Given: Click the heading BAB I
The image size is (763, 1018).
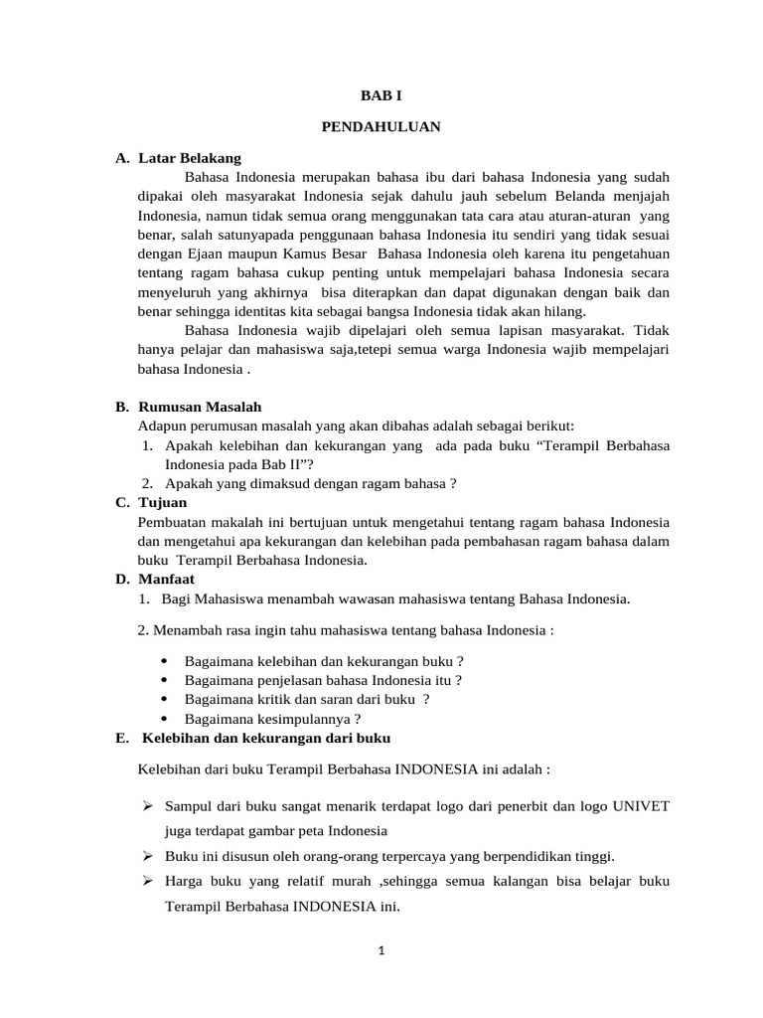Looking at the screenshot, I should click(x=381, y=96).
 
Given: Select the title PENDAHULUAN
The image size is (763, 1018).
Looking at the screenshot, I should click(x=381, y=127).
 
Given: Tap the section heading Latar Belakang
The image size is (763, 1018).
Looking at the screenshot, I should click(x=190, y=158).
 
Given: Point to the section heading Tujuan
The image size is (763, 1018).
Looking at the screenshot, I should click(x=162, y=503).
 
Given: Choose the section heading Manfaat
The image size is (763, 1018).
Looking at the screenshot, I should click(x=166, y=579).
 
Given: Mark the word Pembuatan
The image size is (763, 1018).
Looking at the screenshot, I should click(x=171, y=522).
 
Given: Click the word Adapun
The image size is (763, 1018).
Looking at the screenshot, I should click(x=161, y=425).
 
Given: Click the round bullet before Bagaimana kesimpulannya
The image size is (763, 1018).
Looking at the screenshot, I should click(x=162, y=719).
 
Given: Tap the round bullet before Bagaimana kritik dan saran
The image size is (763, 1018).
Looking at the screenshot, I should click(x=162, y=700).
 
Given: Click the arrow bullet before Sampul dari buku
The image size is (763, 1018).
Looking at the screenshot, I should click(x=146, y=806).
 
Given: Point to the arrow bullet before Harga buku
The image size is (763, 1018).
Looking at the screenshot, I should click(x=146, y=882).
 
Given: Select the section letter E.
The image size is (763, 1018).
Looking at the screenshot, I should click(x=120, y=738).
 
